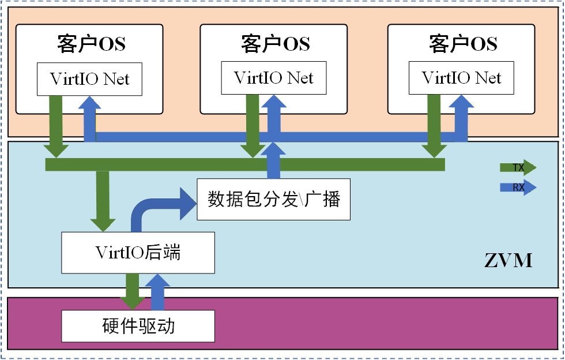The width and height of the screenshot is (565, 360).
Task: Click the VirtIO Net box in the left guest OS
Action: pos(89,79)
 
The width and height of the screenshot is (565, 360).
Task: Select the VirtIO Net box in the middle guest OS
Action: pos(274,78)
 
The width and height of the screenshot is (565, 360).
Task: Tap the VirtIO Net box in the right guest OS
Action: pos(461,78)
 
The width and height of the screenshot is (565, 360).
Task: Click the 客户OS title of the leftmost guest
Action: pos(91,44)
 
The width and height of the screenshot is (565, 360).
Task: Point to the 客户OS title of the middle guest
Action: pos(276,44)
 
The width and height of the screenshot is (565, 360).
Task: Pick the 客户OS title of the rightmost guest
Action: pos(463,44)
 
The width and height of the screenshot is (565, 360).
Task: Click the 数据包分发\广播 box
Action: pos(274,200)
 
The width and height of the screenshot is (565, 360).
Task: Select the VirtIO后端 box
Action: pos(138,253)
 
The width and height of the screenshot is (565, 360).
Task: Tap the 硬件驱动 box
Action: pos(138,327)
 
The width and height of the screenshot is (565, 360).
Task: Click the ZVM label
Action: pos(508,260)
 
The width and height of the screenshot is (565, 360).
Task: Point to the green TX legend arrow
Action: pos(517,168)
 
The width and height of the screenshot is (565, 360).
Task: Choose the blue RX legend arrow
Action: pos(517,187)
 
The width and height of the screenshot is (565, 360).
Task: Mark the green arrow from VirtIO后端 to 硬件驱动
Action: pos(132,291)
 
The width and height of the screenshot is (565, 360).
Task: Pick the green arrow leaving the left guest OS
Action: pos(56,127)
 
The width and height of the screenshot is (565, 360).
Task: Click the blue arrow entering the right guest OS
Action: pos(459,118)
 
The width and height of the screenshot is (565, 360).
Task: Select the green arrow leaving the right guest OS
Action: pos(434,127)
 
